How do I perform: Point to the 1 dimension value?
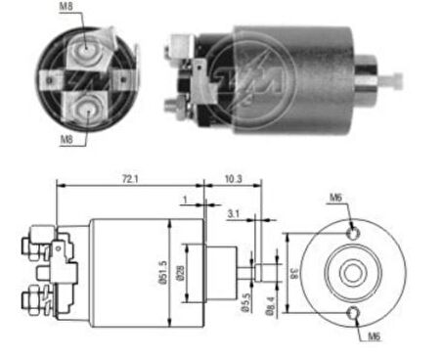tap(184, 201)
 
